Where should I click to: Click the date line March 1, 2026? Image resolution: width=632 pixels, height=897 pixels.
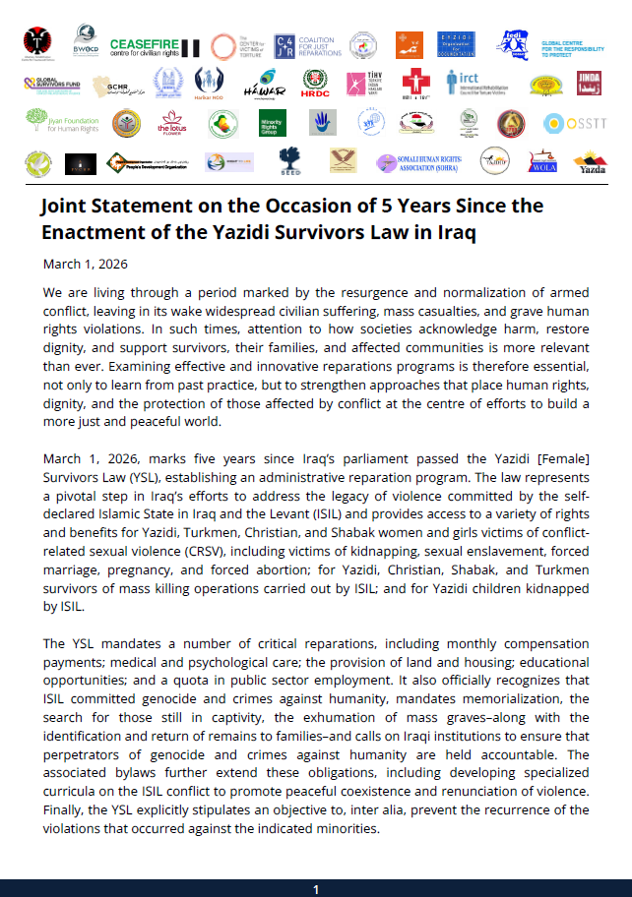click(x=86, y=264)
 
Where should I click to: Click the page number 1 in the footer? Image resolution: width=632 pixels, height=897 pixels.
click(x=316, y=889)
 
